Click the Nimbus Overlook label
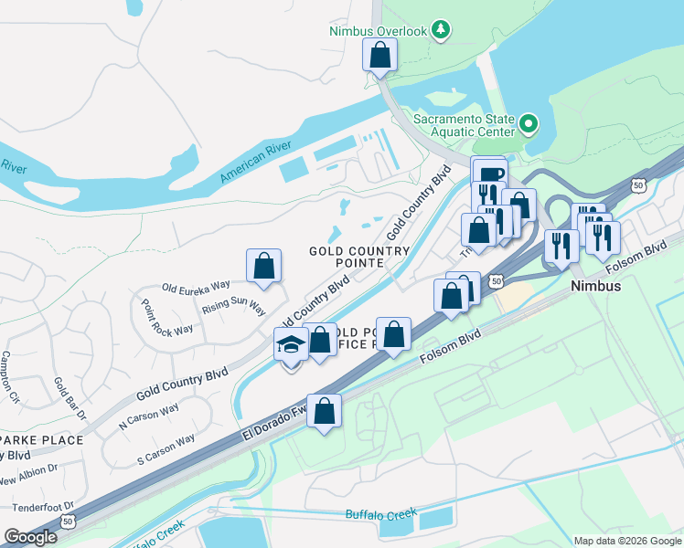coord(379,31)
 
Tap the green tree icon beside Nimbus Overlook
coord(441,30)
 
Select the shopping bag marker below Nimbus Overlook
coord(379,57)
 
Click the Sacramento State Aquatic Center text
coord(465,125)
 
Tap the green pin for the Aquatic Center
coord(528,123)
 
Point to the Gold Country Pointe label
coord(359,257)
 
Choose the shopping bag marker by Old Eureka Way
coord(263,267)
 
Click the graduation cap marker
coord(292,345)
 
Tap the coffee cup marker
coord(489,174)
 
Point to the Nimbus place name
coord(596,286)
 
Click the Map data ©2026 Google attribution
coord(626,541)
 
